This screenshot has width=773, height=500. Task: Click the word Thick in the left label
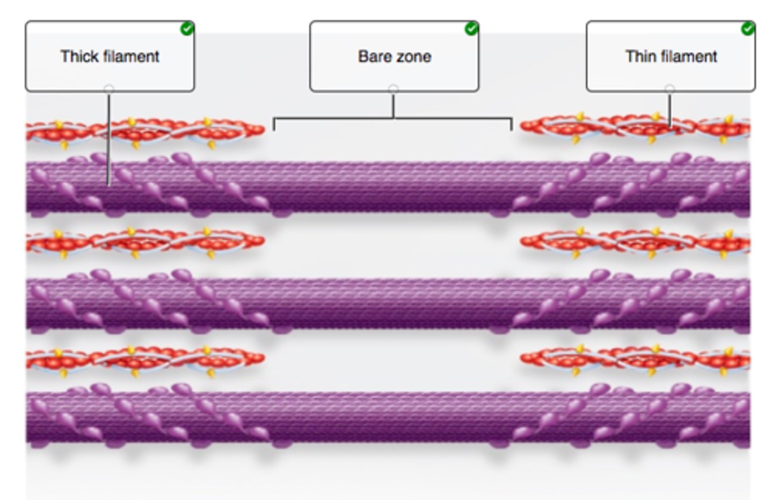[x=77, y=56]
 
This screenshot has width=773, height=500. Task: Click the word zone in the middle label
[x=413, y=56]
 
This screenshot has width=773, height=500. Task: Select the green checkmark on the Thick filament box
[x=187, y=28]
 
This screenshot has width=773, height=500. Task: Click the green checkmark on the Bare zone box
[x=471, y=28]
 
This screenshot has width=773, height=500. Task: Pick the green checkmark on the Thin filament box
[x=748, y=28]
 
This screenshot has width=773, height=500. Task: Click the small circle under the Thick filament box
[x=109, y=88]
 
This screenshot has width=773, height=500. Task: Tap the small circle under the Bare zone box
[x=393, y=88]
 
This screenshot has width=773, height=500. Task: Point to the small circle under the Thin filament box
[x=669, y=88]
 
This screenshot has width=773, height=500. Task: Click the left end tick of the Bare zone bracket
[x=274, y=125]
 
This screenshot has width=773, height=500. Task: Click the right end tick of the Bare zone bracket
[x=511, y=125]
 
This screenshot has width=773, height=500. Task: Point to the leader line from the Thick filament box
[x=109, y=140]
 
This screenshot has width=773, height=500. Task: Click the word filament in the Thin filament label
[x=689, y=56]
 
